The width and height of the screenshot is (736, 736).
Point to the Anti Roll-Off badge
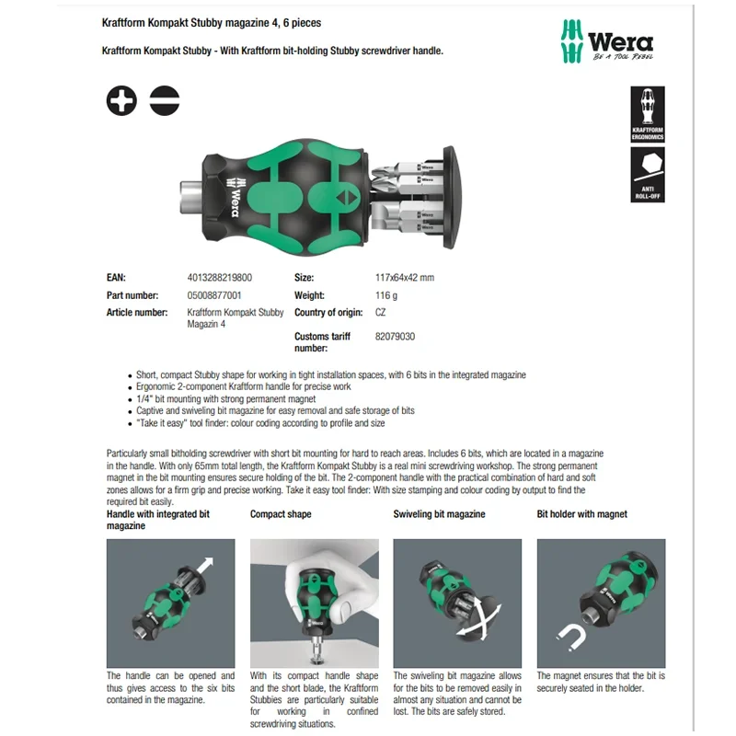point(647,175)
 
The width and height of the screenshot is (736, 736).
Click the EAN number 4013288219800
point(220,277)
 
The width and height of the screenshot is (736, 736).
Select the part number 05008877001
point(214,295)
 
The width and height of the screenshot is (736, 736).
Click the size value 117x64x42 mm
point(405,277)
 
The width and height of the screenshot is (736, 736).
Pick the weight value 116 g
point(386,295)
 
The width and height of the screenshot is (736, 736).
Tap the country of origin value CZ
point(381,313)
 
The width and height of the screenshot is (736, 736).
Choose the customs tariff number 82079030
point(395,337)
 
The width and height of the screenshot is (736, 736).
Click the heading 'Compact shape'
point(281,514)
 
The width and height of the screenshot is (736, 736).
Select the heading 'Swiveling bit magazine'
point(439,514)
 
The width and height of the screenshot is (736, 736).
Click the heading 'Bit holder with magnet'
point(582,514)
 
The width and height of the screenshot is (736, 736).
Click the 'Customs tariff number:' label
point(323,342)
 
